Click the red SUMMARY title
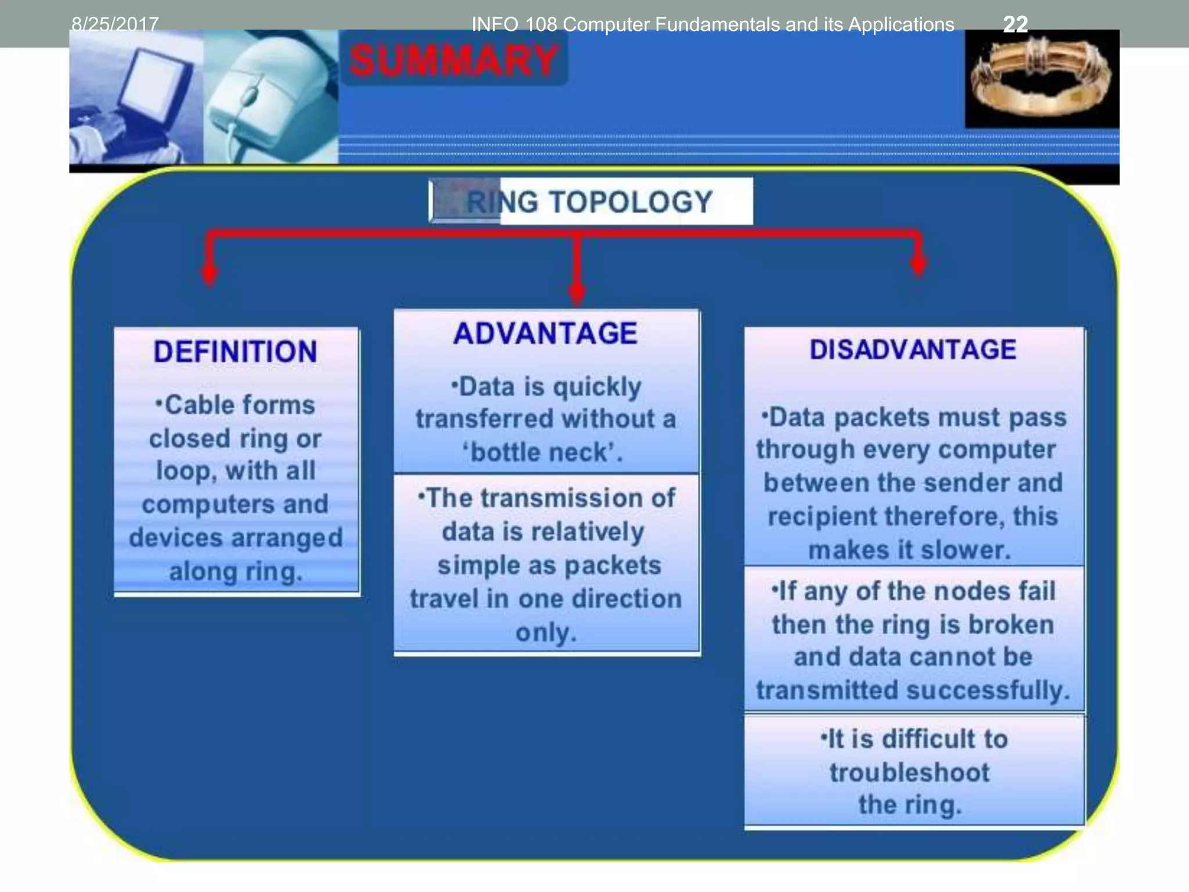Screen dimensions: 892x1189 point(453,61)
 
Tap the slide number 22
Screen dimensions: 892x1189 point(1015,24)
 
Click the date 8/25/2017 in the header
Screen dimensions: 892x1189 point(114,24)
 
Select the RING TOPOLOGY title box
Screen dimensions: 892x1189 point(590,202)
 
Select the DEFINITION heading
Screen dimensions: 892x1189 point(235,352)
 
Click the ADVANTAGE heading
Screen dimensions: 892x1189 point(545,334)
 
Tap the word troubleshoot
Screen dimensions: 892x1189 point(909,773)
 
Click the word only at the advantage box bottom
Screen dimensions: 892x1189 point(545,632)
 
